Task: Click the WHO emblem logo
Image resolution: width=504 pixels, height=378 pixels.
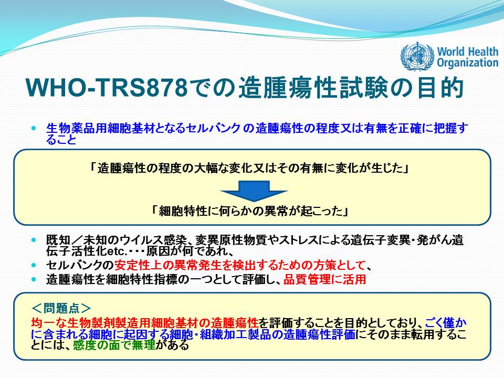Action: point(417,57)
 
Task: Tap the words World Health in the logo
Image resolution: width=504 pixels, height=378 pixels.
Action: point(468,51)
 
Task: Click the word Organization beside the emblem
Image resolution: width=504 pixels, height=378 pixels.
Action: point(468,62)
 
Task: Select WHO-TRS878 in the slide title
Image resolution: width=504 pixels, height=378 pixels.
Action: point(107,87)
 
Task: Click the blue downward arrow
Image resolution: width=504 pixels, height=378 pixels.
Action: point(254,191)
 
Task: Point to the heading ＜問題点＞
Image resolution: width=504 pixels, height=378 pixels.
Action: point(61,308)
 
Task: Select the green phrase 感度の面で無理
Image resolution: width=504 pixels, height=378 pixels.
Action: point(114,345)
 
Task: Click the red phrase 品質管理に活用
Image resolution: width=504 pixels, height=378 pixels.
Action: point(324,279)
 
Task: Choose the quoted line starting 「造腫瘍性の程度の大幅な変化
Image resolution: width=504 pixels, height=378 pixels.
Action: point(249,168)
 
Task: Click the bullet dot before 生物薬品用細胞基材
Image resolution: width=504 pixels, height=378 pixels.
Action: point(34,128)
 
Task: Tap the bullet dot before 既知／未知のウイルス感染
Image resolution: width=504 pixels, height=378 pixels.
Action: point(34,240)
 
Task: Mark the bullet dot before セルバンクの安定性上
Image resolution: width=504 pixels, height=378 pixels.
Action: point(34,265)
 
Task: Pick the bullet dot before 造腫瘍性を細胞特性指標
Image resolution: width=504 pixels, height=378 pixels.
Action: point(34,279)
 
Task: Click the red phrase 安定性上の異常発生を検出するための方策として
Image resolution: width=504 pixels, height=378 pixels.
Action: point(240,265)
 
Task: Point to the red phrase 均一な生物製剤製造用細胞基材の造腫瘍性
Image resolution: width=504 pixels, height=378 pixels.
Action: point(145,322)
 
